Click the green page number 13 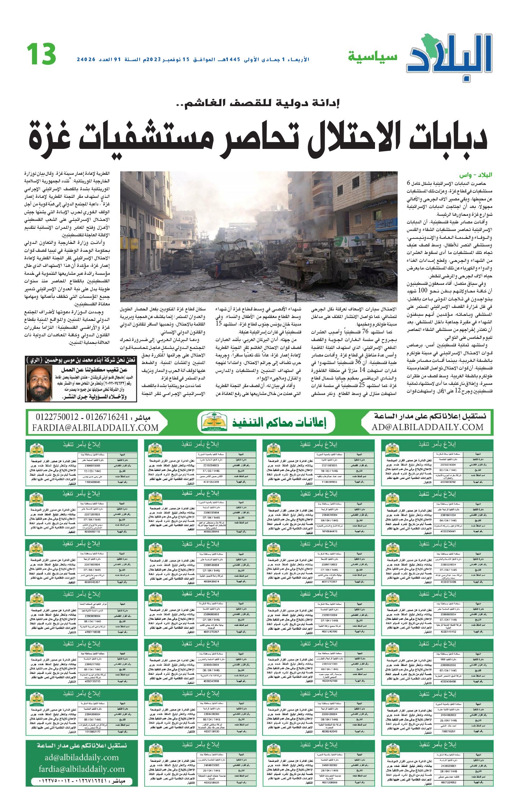click(x=41, y=54)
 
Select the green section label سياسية click(x=372, y=57)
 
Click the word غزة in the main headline click(x=50, y=137)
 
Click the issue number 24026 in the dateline click(x=86, y=59)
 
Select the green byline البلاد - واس click(x=475, y=175)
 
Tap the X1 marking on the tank click(x=347, y=260)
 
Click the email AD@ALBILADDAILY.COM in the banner click(x=428, y=427)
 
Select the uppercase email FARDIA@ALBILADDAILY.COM click(x=95, y=428)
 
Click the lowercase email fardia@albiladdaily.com click(x=82, y=769)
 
